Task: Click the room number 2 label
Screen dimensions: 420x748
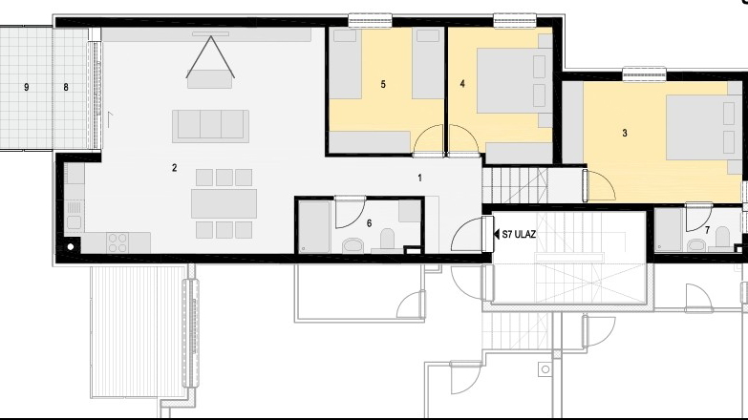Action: (x=174, y=168)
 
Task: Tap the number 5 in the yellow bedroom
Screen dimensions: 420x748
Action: (x=383, y=84)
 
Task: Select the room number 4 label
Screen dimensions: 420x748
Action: (x=462, y=84)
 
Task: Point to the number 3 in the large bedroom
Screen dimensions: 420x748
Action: (x=625, y=133)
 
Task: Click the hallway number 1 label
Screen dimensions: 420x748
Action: (x=419, y=178)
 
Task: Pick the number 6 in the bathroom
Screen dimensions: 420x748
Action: (x=370, y=222)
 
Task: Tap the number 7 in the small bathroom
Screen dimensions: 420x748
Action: (x=707, y=230)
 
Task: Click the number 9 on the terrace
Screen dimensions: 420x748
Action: (x=26, y=87)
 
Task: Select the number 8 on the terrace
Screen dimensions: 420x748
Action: (x=66, y=87)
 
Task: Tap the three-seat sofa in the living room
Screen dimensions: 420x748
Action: (x=210, y=125)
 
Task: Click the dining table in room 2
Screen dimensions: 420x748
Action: (x=224, y=203)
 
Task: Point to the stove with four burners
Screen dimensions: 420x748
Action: (x=118, y=242)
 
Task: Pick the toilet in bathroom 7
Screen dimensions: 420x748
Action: (x=722, y=239)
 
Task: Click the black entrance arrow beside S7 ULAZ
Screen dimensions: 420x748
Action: (x=494, y=232)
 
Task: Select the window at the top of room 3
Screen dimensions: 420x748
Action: (x=644, y=73)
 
